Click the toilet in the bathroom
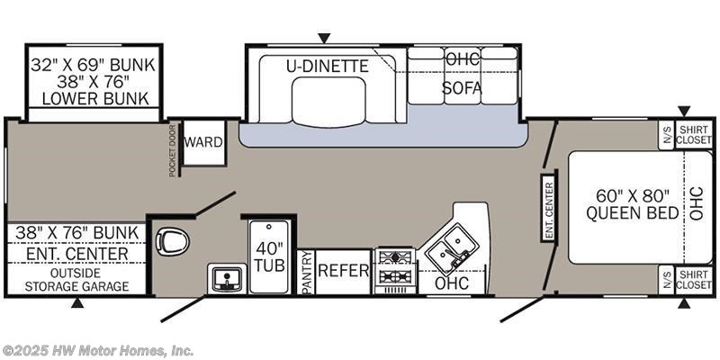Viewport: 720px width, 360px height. click(x=173, y=241)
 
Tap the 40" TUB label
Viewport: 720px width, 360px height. click(x=269, y=256)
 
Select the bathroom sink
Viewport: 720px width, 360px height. click(x=227, y=278)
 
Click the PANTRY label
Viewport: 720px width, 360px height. click(x=306, y=273)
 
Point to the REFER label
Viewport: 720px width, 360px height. click(x=344, y=271)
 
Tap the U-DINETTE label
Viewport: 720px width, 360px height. click(x=328, y=66)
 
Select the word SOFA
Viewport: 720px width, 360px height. click(x=462, y=87)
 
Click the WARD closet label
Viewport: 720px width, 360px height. click(x=203, y=142)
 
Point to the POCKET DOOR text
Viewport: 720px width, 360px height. click(x=172, y=150)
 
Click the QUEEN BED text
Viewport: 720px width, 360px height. click(x=633, y=213)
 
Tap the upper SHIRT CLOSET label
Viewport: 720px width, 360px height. click(x=693, y=135)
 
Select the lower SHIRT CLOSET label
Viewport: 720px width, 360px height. click(x=693, y=280)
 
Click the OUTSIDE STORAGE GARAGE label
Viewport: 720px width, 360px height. click(x=76, y=280)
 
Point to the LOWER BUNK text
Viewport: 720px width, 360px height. click(x=95, y=99)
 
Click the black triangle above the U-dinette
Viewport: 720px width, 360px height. click(x=324, y=38)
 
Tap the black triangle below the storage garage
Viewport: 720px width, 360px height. click(x=77, y=303)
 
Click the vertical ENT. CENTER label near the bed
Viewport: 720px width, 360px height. click(x=549, y=204)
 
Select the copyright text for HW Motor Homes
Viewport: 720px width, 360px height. click(x=97, y=351)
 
